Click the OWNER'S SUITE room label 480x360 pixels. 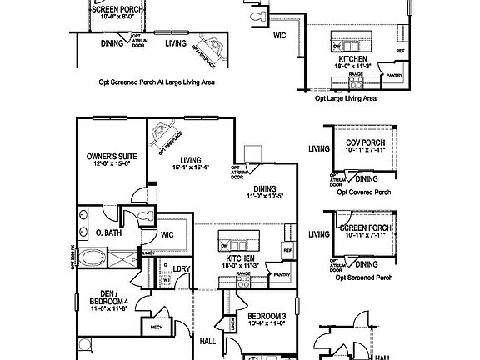click(x=111, y=156)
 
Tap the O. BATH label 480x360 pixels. click(x=109, y=232)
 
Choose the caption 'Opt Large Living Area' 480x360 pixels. click(x=345, y=97)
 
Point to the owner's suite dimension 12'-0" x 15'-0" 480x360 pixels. click(x=111, y=164)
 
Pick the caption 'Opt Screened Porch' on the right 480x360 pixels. click(x=365, y=277)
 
